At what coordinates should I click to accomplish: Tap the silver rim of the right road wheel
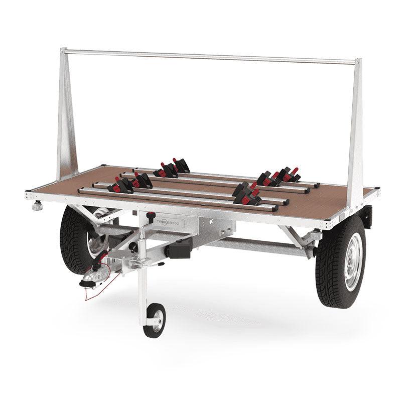pyautogui.click(x=352, y=267)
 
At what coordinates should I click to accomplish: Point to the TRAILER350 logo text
pyautogui.click(x=173, y=222)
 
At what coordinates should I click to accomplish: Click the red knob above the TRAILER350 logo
pyautogui.click(x=151, y=216)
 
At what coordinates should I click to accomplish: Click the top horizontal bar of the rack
pyautogui.click(x=211, y=56)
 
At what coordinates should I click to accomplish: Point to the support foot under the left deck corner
pyautogui.click(x=37, y=205)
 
